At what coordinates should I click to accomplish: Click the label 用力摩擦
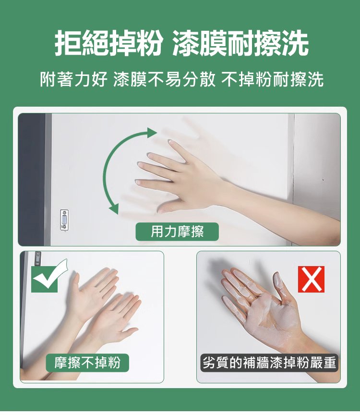[x=177, y=232]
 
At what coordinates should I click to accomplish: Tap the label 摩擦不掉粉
[x=87, y=363]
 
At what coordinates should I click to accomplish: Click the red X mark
[x=311, y=279]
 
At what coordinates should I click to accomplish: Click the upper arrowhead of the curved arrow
[x=152, y=133]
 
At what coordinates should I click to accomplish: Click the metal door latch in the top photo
[x=64, y=220]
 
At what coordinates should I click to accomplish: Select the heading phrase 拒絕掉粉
[x=108, y=43]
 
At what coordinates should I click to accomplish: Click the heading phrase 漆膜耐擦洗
[x=240, y=43]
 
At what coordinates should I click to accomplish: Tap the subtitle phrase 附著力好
[x=74, y=79]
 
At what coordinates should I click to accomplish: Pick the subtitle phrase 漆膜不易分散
[x=164, y=79]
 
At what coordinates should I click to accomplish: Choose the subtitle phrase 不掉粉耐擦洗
[x=273, y=79]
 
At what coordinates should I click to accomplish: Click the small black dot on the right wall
[x=323, y=180]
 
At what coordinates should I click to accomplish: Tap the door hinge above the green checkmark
[x=38, y=258]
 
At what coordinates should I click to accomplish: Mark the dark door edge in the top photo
[x=31, y=179]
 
